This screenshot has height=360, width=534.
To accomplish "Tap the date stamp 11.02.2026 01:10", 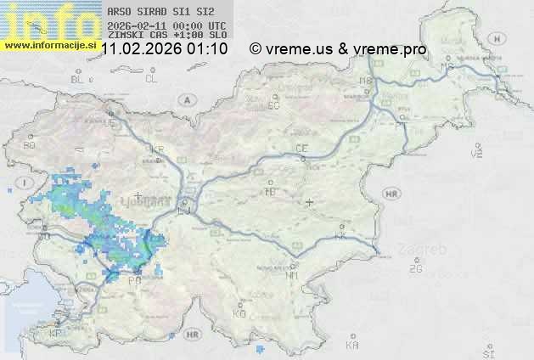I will pos(164,49).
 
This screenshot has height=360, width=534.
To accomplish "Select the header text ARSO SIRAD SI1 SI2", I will pos(155,13).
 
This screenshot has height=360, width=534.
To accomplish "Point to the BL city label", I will pos(78,79).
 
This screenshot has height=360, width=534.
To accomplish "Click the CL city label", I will pos(151,79).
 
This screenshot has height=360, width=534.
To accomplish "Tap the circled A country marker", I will pos(185,99).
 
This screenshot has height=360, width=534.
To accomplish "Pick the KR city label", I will pos(156,149).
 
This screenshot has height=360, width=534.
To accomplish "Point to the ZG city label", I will pos(415,269).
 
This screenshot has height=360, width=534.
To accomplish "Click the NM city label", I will pos(292,275).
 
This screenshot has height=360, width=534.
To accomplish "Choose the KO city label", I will pos(239,313).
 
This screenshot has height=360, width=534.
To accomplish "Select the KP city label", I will pos(56,334).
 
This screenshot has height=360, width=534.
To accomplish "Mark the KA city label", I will pos(352,345).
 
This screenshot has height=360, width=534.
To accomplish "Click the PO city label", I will pos(133,279).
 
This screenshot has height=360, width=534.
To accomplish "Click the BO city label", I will pos(30,145).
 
